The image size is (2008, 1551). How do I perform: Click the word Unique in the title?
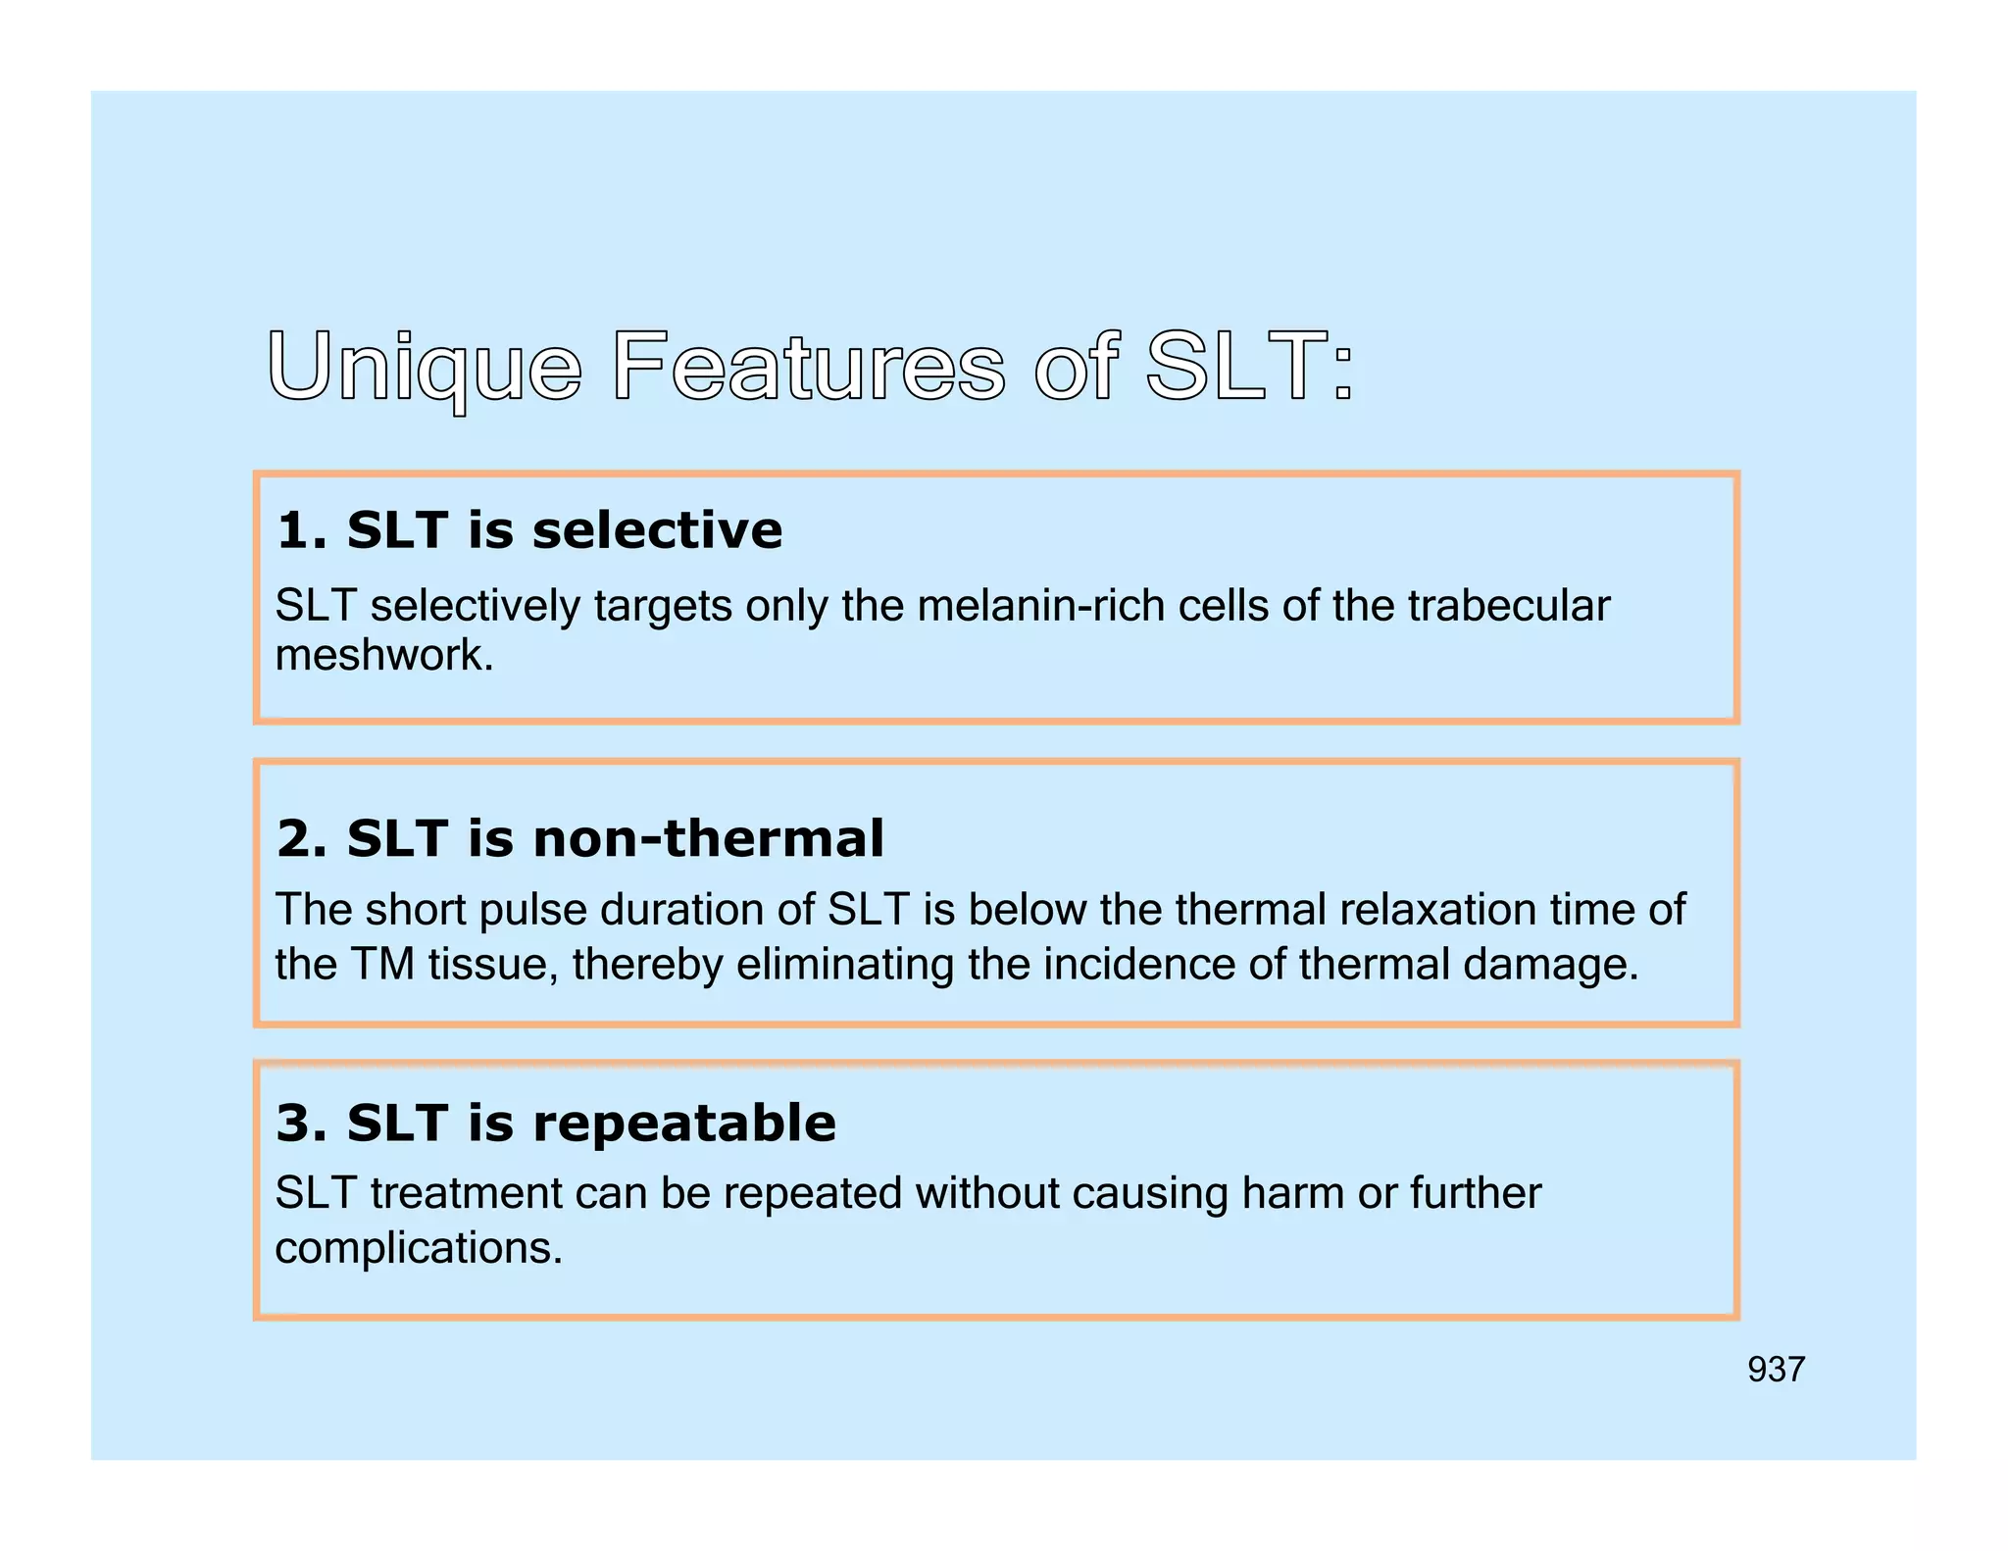pos(425,368)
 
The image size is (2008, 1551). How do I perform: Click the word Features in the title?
pos(809,368)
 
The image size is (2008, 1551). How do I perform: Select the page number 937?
pos(1776,1370)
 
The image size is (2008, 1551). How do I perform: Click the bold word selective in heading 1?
pos(657,530)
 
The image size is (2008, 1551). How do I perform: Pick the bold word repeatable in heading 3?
pos(683,1123)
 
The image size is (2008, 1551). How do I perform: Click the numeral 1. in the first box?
pos(301,530)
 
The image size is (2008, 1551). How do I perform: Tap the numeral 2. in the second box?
pos(301,839)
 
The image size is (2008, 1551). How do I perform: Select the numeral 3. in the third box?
pos(301,1123)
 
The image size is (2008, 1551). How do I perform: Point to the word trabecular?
pos(1508,606)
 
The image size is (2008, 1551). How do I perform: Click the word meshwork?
pos(383,655)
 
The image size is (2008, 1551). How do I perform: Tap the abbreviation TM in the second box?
pos(382,965)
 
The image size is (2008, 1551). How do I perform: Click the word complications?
pos(419,1249)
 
